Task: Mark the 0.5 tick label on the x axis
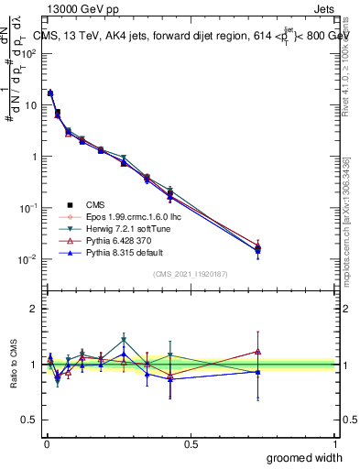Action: point(191,443)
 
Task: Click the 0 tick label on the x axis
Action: point(46,443)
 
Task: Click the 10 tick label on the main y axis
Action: point(30,105)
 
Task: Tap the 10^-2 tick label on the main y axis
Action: point(28,259)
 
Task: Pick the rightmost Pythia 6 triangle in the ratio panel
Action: point(258,351)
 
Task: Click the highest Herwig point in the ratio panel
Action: point(124,340)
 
